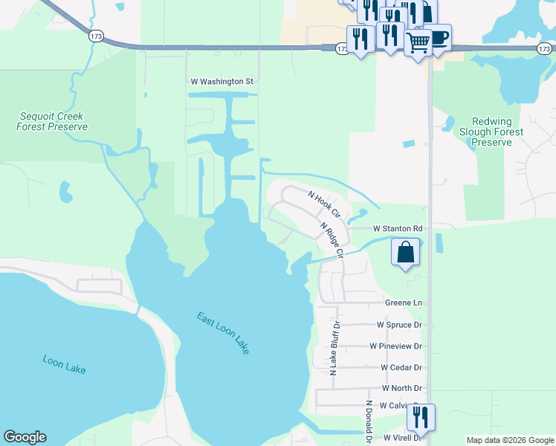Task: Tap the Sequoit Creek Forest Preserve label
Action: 52,122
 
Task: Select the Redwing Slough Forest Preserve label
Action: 497,132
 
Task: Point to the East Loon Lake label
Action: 224,332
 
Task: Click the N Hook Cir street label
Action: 324,203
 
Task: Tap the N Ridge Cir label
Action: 332,239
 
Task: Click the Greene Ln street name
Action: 403,303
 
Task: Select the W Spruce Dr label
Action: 399,325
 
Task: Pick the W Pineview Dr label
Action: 395,346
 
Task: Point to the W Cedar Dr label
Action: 401,367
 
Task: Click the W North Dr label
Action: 401,388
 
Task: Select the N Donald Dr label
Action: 368,422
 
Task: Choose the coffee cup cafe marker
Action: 438,37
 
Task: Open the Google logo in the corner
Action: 25,437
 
